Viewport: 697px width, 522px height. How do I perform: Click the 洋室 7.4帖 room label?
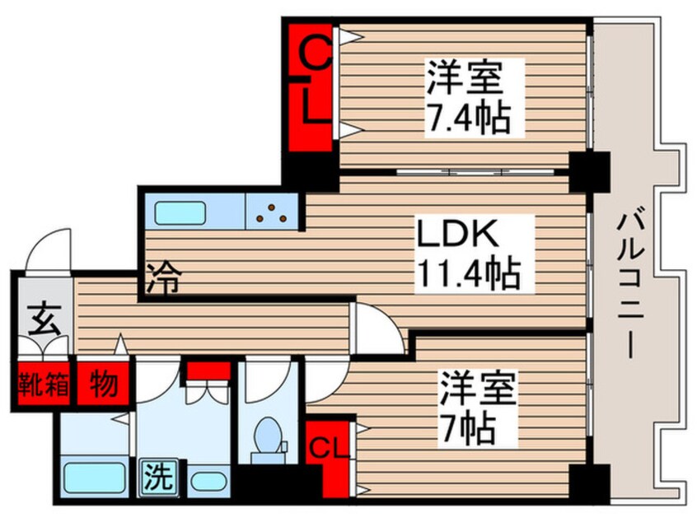coord(464,97)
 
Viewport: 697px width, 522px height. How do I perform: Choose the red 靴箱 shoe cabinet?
coord(43,384)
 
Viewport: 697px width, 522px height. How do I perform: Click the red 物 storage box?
coord(105,384)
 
